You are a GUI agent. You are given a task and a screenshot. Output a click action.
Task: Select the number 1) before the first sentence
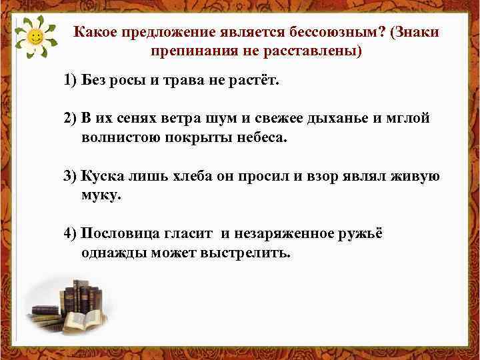(x=71, y=81)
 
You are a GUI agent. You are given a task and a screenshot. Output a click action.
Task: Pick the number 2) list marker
(x=71, y=118)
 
